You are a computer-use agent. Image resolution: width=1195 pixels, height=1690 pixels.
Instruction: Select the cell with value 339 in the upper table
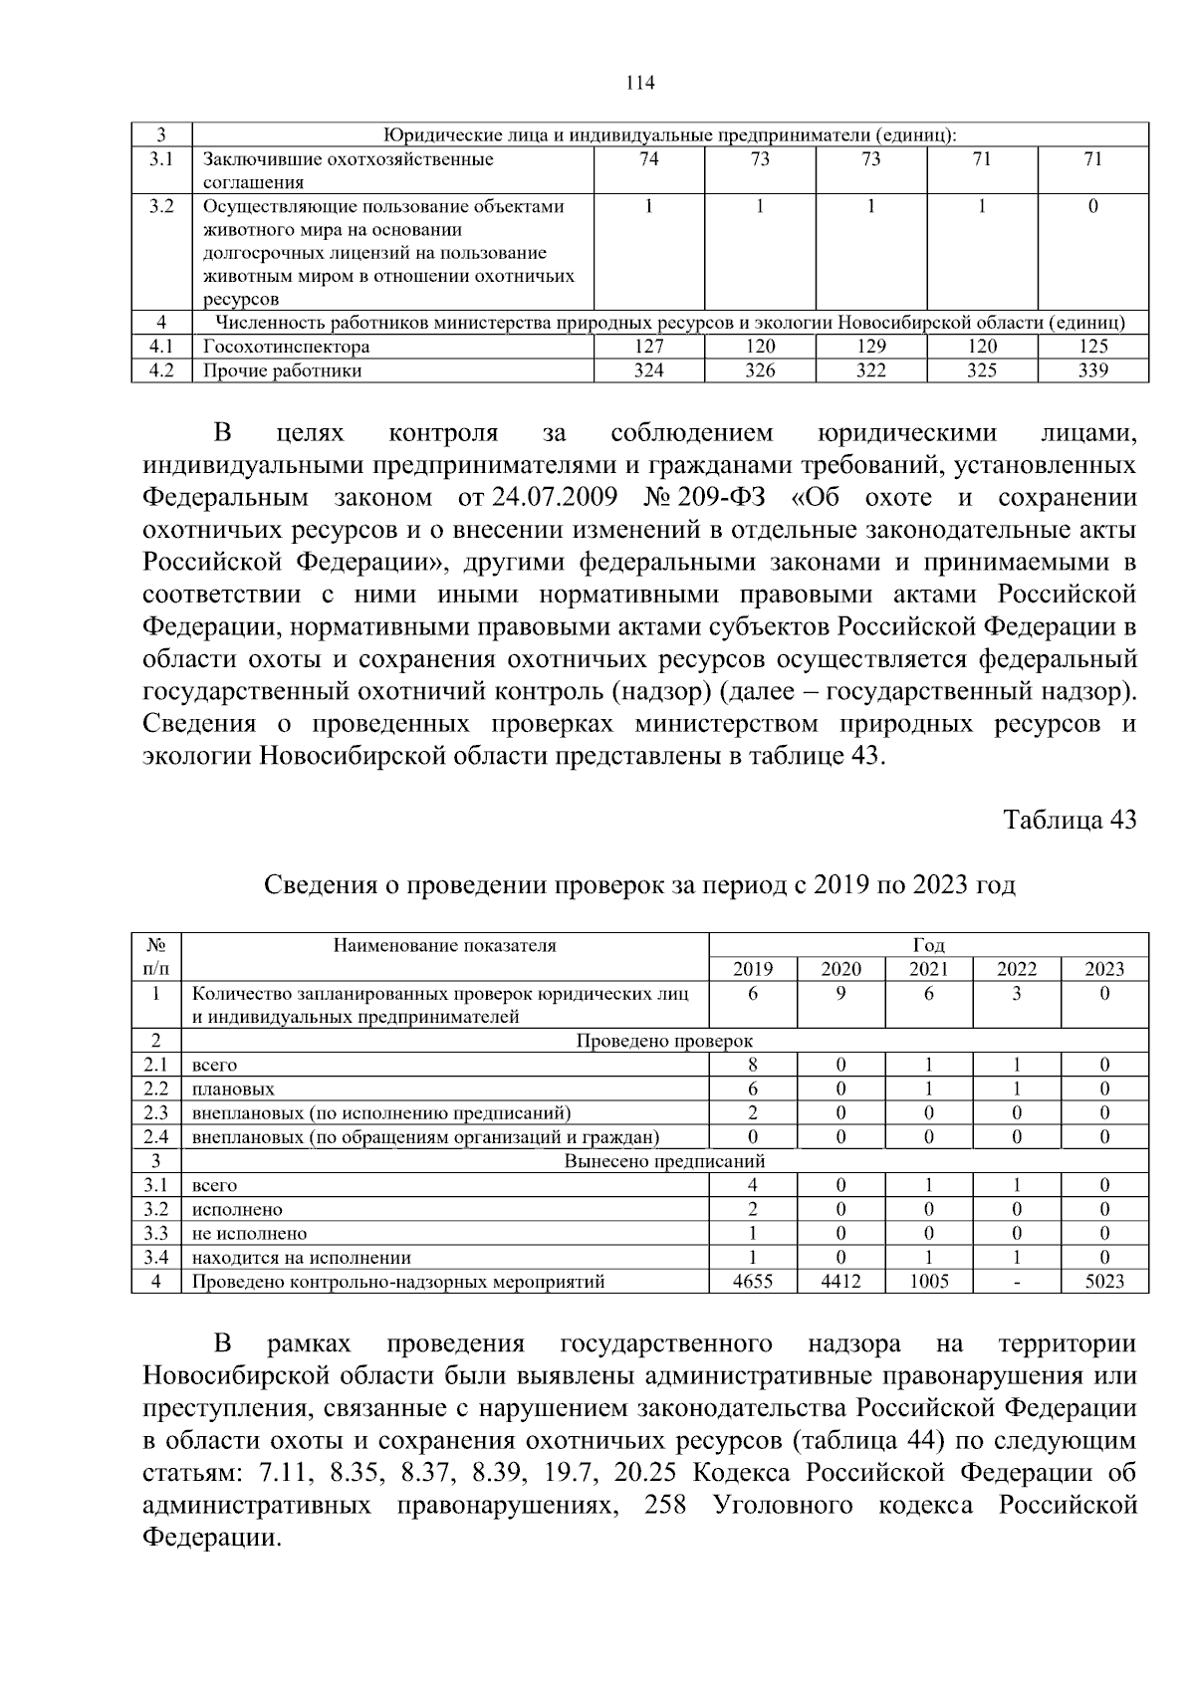[1092, 370]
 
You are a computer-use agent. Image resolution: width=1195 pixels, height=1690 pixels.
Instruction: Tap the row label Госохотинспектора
[287, 347]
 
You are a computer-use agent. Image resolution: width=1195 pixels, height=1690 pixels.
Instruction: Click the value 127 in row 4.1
[648, 347]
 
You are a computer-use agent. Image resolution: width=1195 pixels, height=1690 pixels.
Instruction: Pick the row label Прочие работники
[282, 370]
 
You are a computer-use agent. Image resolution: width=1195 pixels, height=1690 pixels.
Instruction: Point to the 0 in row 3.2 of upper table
[1092, 207]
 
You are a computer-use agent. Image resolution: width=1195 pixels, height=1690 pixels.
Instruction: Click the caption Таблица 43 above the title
[1070, 820]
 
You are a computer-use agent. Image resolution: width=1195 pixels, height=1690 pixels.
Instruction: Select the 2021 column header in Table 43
[928, 969]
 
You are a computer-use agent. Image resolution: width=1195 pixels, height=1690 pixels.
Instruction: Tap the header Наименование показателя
[444, 945]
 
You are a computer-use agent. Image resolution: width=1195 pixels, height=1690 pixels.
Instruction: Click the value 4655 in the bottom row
[753, 1282]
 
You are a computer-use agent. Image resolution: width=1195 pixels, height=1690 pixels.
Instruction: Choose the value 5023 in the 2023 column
[1104, 1282]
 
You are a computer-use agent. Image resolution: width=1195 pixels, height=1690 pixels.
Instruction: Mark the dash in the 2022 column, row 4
[1016, 1282]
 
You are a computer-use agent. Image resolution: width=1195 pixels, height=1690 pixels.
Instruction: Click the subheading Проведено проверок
[664, 1041]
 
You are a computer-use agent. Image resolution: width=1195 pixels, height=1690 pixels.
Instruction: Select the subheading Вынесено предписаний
[664, 1161]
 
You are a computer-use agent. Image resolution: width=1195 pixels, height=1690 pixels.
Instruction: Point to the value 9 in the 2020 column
[840, 994]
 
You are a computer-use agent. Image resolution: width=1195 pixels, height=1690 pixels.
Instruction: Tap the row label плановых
[233, 1089]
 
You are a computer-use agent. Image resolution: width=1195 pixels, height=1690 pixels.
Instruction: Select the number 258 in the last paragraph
[665, 1505]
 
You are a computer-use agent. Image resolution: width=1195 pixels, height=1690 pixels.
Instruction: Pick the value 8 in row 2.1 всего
[753, 1066]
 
